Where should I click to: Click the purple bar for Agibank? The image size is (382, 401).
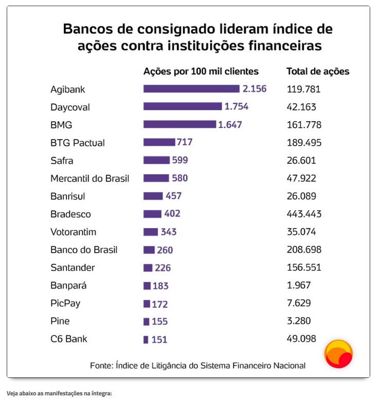pos(191,89)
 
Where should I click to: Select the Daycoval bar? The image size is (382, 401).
pos(183,107)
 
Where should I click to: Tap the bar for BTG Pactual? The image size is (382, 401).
pos(159,142)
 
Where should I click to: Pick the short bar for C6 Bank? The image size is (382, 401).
pos(146,339)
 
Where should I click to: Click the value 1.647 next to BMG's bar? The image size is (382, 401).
pos(230,125)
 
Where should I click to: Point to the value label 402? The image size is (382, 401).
pos(172,214)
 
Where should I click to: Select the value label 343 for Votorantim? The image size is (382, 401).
pos(169,232)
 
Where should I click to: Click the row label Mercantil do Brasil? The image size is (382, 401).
pos(89,178)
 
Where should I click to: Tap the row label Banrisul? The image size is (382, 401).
pos(67,196)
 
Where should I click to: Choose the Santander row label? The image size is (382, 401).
pos(72,268)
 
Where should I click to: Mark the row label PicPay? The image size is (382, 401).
pos(65,303)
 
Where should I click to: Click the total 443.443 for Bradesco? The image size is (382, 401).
pos(304,214)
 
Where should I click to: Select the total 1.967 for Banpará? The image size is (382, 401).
pos(299,285)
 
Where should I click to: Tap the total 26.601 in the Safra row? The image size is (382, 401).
pos(301,160)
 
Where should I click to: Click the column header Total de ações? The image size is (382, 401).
pos(317,71)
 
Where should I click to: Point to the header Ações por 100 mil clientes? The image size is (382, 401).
pos(201,71)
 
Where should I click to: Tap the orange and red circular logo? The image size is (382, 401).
pos(338,354)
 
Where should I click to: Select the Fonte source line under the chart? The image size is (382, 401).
pos(197,366)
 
